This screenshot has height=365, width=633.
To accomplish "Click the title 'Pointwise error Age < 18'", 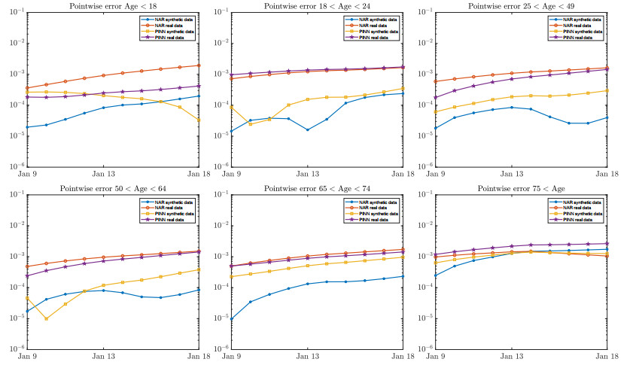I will click(x=113, y=6).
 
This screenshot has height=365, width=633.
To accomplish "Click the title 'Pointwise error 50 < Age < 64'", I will click(x=113, y=188).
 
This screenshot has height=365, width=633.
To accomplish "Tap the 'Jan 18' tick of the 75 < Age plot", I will click(x=608, y=356).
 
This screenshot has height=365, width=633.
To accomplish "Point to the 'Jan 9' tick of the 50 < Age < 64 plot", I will click(x=28, y=356).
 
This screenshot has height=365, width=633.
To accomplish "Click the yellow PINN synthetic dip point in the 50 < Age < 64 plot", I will click(x=47, y=318).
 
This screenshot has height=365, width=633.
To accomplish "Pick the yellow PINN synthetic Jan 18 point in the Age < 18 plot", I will click(x=199, y=120).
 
